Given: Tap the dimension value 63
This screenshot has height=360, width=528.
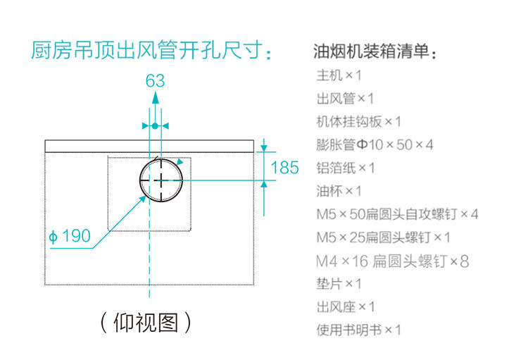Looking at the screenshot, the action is tap(156, 81).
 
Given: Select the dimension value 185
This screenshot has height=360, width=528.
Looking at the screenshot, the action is tap(285, 168).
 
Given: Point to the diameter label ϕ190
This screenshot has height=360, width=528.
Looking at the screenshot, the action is tap(70, 236).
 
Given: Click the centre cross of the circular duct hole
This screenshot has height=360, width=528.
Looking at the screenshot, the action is tap(162, 180).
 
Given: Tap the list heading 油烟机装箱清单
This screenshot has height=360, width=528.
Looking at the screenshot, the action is tap(375, 53).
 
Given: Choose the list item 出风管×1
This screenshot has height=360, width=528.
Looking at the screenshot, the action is tap(346, 98).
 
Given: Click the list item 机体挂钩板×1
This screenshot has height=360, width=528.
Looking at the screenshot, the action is tap(359, 121).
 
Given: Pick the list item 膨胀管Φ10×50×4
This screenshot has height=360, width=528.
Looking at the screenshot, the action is tap(375, 144).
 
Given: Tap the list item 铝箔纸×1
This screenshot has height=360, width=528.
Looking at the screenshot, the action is tap(346, 168).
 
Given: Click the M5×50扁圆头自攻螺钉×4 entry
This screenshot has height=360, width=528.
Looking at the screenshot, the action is tap(398, 214).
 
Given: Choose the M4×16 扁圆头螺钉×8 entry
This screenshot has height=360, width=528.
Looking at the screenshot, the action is tap(392, 261).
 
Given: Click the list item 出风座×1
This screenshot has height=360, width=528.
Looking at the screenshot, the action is tap(346, 307).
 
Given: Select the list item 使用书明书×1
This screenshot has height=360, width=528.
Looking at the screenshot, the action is tap(359, 330).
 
